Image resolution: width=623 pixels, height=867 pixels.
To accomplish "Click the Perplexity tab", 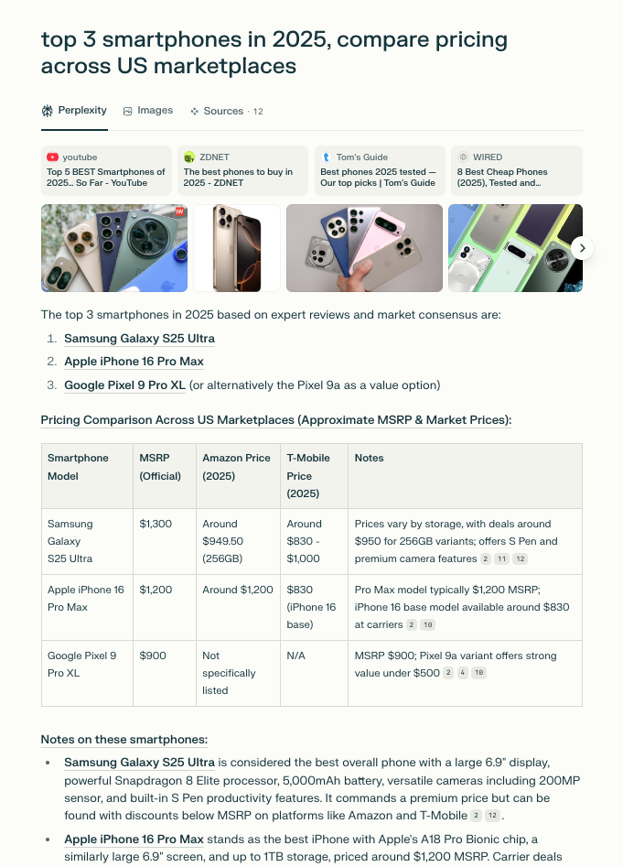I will point(74,111).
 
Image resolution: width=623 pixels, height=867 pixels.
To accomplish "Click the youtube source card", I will point(106,170).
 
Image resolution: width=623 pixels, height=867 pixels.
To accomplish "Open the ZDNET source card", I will point(242,170).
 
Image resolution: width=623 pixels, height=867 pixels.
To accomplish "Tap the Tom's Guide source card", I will point(379,170).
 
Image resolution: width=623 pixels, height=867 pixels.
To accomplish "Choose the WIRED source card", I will point(516,170).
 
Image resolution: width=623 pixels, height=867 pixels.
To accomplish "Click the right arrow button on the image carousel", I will point(583,248).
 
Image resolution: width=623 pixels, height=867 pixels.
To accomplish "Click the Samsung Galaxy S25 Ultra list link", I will point(139,339).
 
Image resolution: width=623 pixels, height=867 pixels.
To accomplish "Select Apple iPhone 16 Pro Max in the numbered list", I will point(134,362).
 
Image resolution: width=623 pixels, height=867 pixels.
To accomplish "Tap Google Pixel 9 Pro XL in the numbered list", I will point(124,385).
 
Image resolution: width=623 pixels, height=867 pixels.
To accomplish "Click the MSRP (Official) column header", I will point(160,467).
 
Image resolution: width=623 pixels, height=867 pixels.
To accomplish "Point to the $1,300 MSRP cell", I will point(156,524).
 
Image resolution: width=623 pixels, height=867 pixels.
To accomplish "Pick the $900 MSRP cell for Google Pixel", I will point(153,656).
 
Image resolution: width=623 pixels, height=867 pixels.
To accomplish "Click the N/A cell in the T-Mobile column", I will point(295,656).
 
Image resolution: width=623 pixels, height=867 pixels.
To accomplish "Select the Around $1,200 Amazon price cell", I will point(238,590).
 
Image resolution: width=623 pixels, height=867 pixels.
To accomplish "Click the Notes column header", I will point(370,458).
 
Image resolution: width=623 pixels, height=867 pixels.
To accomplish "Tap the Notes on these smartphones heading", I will point(124,740).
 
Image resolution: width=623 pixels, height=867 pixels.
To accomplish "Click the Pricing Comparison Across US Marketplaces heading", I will point(275,420).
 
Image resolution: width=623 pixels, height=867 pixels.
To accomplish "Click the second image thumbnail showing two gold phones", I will point(237,248).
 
